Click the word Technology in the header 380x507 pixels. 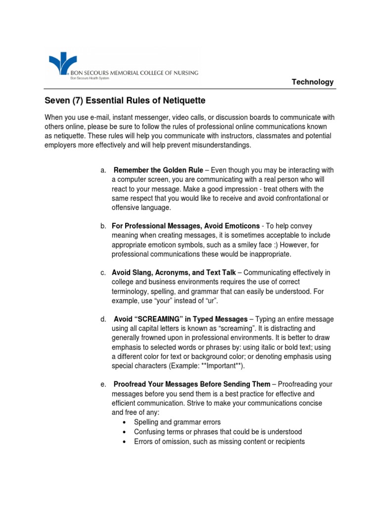pyautogui.click(x=313, y=82)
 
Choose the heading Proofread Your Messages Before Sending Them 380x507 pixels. pyautogui.click(x=192, y=384)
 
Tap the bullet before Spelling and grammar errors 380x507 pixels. pyautogui.click(x=124, y=422)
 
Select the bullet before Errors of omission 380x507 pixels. pyautogui.click(x=124, y=441)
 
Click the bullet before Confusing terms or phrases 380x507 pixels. pyautogui.click(x=124, y=432)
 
